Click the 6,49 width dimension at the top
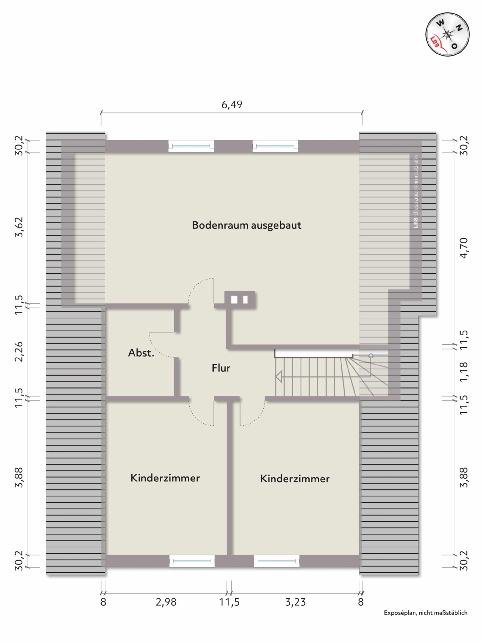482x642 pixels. (232, 104)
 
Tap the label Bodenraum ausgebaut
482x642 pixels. (246, 225)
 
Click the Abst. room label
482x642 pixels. (141, 353)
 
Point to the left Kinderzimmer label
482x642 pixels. (165, 478)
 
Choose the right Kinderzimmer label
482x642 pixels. (295, 479)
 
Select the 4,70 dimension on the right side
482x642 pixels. (464, 248)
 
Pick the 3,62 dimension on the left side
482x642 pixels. (19, 227)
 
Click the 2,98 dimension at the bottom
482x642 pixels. (166, 602)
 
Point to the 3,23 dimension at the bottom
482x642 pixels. (295, 602)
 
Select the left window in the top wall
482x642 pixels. (191, 146)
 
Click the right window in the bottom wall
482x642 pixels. (277, 561)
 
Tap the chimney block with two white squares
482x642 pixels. (240, 299)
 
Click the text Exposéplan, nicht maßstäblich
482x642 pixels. (425, 613)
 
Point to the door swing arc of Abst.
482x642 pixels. (160, 345)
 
